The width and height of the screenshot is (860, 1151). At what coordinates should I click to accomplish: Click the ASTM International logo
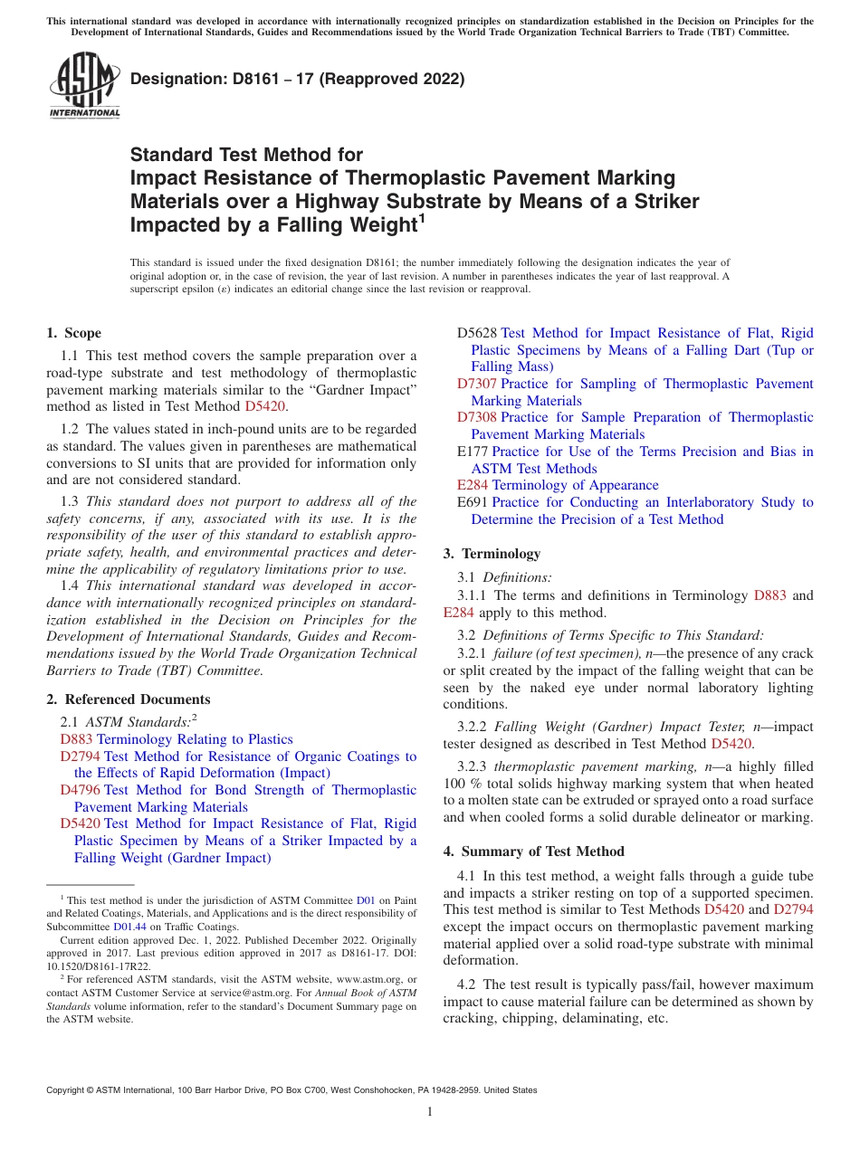(x=84, y=86)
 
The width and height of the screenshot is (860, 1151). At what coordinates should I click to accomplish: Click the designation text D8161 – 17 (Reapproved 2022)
(x=298, y=79)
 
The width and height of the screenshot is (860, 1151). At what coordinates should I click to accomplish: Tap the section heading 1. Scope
(x=74, y=333)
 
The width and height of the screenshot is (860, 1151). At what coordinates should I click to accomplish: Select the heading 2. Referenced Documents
(x=129, y=699)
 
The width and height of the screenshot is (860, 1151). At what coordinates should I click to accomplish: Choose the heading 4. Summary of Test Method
(x=534, y=851)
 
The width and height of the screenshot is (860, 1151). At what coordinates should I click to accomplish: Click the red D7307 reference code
(x=477, y=384)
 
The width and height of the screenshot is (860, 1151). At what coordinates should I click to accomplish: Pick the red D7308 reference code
(x=477, y=417)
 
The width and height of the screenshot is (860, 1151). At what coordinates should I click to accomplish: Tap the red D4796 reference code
(x=80, y=790)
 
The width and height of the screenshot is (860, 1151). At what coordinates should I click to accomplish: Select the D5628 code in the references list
(x=477, y=333)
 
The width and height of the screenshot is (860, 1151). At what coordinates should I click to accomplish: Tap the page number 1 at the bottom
(x=430, y=1111)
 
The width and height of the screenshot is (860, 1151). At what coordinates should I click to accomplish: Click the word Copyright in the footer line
(x=66, y=1090)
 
